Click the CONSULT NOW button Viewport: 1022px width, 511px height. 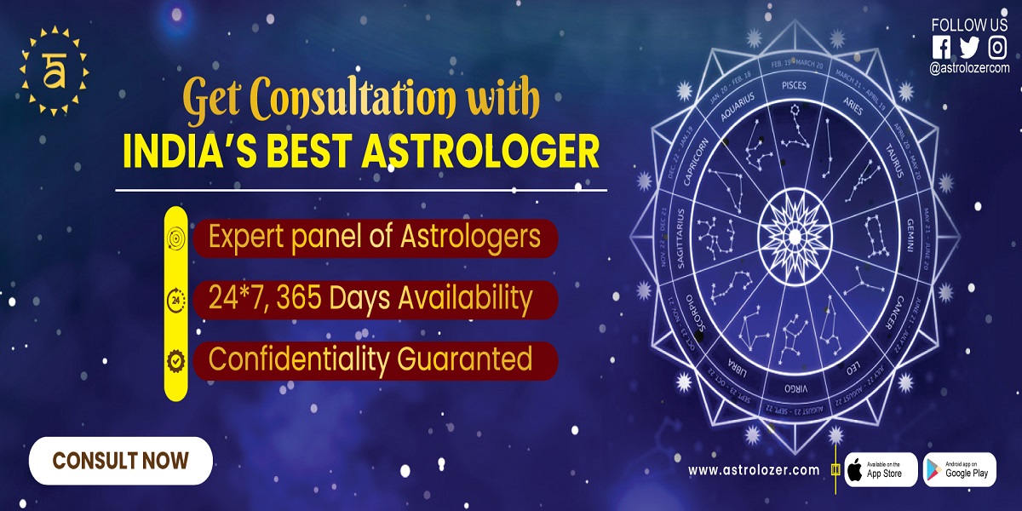(x=120, y=461)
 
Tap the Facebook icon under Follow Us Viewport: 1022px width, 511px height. (x=941, y=48)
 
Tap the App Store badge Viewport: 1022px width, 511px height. (x=881, y=470)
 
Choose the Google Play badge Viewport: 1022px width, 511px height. (x=959, y=470)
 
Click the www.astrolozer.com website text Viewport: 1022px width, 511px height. (x=753, y=470)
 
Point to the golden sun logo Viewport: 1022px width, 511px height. (x=52, y=71)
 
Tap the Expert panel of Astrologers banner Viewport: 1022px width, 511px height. (x=375, y=238)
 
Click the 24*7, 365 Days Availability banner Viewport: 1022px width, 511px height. (x=370, y=299)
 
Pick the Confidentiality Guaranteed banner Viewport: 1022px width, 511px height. (x=370, y=359)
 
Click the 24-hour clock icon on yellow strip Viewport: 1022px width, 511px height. (x=175, y=300)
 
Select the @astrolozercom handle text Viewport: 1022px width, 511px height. (x=969, y=67)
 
